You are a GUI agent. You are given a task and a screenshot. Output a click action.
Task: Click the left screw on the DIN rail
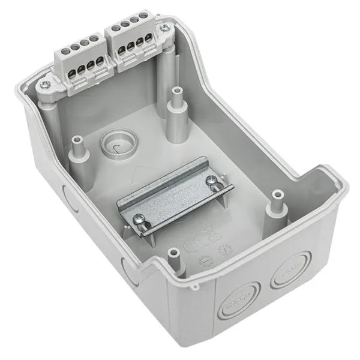coord(139,221)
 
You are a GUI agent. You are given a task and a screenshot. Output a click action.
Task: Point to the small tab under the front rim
coord(193,287)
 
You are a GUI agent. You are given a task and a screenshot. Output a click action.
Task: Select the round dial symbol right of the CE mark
coord(226,249)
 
